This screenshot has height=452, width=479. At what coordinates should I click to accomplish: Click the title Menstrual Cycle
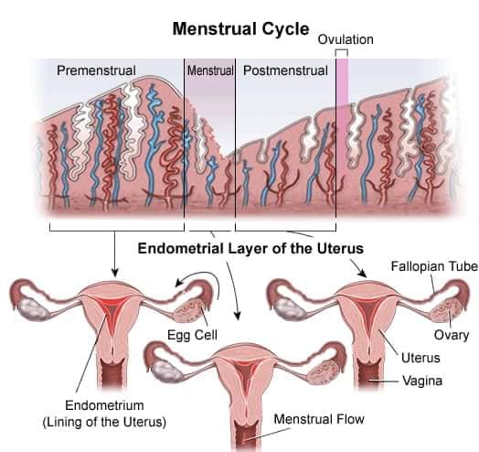[x=241, y=29]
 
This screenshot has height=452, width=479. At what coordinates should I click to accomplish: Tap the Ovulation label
[x=346, y=39]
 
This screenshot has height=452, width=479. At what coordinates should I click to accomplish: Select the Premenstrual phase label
[x=96, y=70]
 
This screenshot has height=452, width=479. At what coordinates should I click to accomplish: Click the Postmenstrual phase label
[x=285, y=70]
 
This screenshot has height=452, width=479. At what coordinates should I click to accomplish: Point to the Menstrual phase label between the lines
[x=210, y=70]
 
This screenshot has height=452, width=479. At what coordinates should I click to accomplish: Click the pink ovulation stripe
[x=342, y=82]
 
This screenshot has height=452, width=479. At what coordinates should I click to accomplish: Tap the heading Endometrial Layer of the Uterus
[x=250, y=248]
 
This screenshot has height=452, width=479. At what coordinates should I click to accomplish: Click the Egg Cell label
[x=193, y=335]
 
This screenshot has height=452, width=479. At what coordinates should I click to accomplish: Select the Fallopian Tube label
[x=434, y=266]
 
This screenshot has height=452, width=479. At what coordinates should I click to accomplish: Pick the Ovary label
[x=452, y=335]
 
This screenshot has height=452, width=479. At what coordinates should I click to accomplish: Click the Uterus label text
[x=420, y=358]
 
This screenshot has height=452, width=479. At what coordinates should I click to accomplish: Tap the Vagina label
[x=422, y=381]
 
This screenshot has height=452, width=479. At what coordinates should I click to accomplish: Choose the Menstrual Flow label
[x=319, y=419]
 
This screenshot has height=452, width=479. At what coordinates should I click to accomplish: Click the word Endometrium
[x=104, y=405]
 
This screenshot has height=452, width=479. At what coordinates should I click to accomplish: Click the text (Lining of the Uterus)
[x=104, y=422]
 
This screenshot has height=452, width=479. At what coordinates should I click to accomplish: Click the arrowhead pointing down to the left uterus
[x=115, y=272]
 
